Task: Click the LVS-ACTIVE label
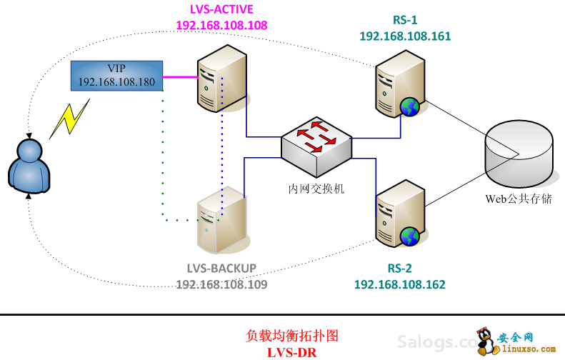(x=221, y=9)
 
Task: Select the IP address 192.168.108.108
(x=221, y=24)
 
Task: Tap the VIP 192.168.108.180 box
(x=116, y=76)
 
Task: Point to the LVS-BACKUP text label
(x=221, y=269)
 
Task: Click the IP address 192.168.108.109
(x=221, y=284)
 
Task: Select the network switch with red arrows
(x=316, y=146)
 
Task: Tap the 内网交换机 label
(x=316, y=189)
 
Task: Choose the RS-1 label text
(x=405, y=19)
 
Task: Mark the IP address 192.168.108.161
(x=405, y=35)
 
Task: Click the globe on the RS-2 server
(x=409, y=236)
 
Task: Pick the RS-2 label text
(x=399, y=269)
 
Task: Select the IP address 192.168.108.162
(x=399, y=284)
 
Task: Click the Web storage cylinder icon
(x=518, y=151)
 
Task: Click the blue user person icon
(x=29, y=166)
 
